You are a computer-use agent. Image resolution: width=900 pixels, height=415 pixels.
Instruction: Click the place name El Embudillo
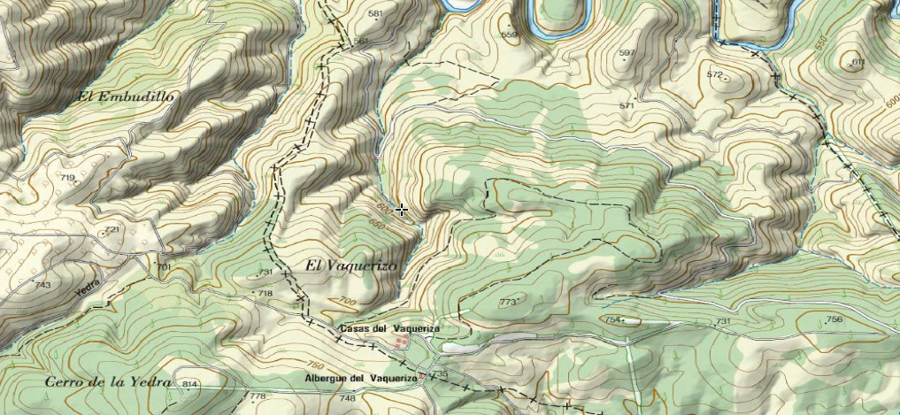click(x=126, y=96)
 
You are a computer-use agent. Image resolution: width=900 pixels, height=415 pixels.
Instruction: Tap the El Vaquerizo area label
click(x=351, y=265)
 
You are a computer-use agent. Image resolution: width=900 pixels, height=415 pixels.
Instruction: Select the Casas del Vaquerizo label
click(x=388, y=328)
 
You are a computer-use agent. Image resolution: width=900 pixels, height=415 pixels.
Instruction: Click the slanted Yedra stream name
click(x=87, y=284)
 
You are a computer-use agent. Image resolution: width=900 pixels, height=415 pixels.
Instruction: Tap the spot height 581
click(x=375, y=14)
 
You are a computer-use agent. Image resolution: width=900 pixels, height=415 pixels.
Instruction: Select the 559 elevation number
click(x=509, y=35)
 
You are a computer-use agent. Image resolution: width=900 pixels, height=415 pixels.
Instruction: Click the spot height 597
click(x=627, y=54)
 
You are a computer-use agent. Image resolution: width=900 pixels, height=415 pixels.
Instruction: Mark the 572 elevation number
click(x=715, y=74)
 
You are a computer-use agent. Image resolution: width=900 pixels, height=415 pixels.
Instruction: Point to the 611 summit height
click(x=856, y=61)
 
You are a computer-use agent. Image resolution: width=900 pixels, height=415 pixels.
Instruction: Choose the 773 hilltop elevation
click(x=507, y=303)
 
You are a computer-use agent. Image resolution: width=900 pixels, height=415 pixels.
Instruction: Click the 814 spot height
click(x=188, y=384)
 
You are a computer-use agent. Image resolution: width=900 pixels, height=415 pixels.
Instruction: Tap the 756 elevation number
click(x=833, y=319)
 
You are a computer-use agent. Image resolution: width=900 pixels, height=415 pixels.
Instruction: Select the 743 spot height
click(x=42, y=285)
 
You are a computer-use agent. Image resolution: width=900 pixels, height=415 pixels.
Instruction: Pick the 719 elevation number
click(x=67, y=178)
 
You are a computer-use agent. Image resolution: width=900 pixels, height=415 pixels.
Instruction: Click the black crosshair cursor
click(x=402, y=210)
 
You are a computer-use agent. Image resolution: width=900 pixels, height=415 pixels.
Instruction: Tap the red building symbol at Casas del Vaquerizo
click(x=402, y=342)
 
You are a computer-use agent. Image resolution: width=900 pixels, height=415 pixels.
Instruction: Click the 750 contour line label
click(x=314, y=365)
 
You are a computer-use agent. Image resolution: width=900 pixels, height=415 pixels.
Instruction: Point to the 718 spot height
click(x=265, y=293)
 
